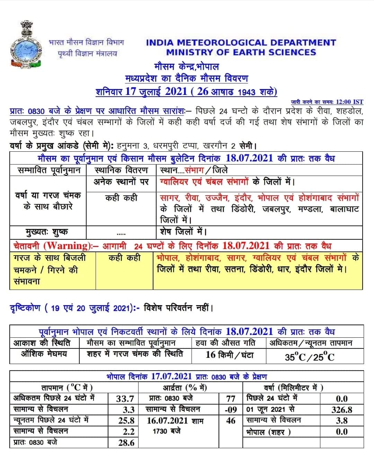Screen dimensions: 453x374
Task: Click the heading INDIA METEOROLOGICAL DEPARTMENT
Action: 241,43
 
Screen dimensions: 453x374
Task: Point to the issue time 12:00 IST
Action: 349,102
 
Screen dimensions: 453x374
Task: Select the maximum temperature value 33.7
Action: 125,399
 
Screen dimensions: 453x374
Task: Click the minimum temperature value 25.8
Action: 125,421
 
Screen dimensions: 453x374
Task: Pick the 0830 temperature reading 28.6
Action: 125,443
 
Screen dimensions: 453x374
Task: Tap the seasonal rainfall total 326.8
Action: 341,410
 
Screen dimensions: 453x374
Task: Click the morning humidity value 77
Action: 231,399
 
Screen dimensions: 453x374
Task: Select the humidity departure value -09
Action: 231,410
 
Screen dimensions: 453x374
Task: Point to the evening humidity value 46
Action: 231,421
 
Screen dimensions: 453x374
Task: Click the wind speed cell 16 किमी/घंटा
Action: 229,355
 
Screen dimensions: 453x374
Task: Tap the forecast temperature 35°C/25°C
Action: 310,357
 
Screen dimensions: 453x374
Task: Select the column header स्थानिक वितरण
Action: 121,170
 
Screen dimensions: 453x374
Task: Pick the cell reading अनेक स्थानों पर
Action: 121,181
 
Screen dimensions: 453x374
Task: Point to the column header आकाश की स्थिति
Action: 42,343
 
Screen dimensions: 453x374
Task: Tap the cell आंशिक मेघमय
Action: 44,354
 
